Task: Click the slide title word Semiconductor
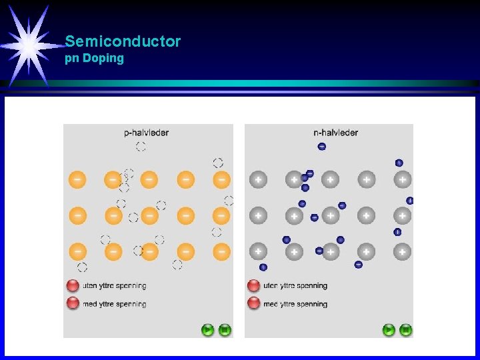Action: point(123,41)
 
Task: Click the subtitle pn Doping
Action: point(94,58)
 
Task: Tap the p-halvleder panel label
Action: point(147,133)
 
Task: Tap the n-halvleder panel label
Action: point(335,133)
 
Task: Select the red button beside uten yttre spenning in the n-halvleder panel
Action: point(253,286)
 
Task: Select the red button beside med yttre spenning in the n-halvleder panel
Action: point(253,304)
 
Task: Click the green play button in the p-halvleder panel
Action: point(208,329)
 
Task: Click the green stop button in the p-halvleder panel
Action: point(225,329)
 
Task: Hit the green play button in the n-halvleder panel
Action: point(389,329)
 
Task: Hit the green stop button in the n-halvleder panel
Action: point(406,329)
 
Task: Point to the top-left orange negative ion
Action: point(78,179)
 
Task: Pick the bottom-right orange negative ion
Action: point(221,251)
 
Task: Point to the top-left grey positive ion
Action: point(258,179)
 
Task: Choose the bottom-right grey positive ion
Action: point(402,251)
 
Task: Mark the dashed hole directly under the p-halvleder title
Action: point(141,147)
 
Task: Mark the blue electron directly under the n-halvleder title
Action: point(322,147)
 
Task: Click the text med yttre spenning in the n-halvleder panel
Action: point(295,304)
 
